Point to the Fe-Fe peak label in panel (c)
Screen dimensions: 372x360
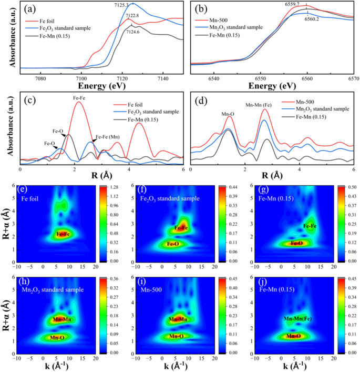79,97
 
